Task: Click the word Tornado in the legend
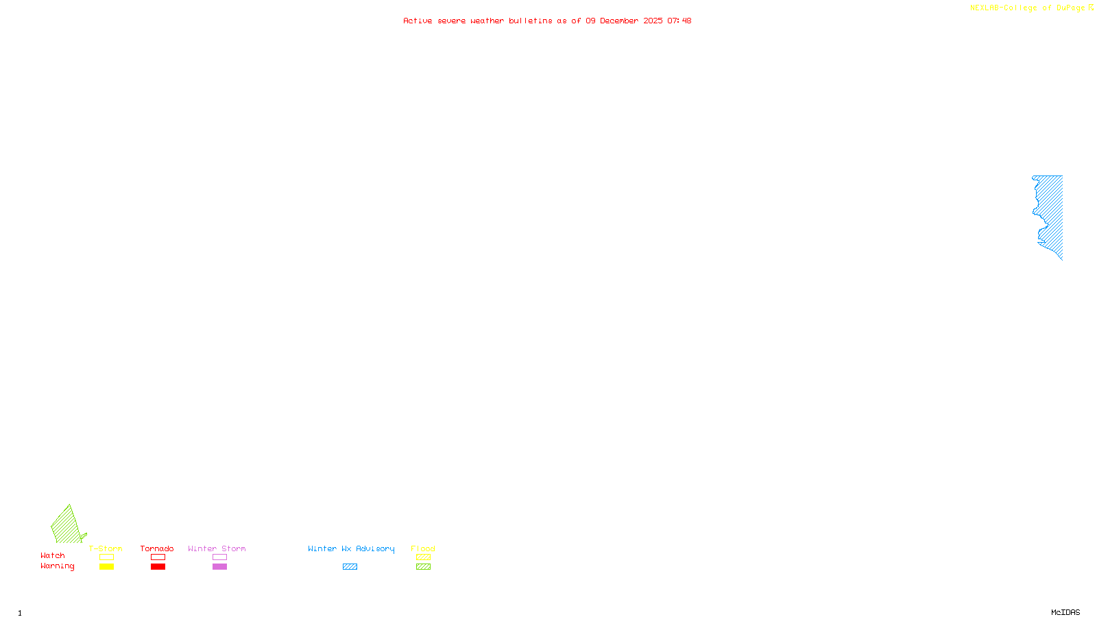[x=157, y=548]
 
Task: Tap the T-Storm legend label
[x=106, y=548]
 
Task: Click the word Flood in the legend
[x=423, y=548]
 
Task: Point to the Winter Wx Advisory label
[x=351, y=548]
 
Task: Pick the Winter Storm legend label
[x=217, y=548]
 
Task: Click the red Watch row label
[x=53, y=555]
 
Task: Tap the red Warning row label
[x=58, y=566]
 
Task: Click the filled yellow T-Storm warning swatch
[x=106, y=567]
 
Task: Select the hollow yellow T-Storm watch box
[x=106, y=557]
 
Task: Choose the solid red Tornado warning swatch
[x=158, y=567]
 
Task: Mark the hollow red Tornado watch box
[x=158, y=557]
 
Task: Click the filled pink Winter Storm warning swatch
[x=219, y=567]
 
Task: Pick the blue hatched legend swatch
[x=350, y=567]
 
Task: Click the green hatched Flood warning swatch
[x=424, y=567]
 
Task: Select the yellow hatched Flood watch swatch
[x=424, y=557]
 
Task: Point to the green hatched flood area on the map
[x=67, y=527]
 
